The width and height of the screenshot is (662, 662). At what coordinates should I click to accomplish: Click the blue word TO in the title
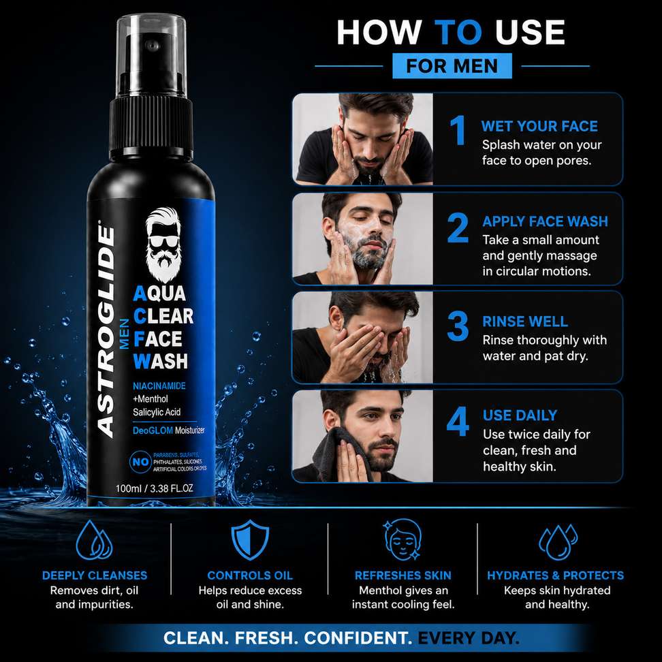pos(458,33)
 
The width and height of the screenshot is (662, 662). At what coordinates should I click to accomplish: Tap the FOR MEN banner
pos(452,66)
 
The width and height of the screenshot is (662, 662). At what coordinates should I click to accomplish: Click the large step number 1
pos(457,130)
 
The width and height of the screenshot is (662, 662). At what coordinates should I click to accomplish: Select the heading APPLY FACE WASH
pos(545,221)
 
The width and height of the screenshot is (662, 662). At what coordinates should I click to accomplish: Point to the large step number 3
pos(458,326)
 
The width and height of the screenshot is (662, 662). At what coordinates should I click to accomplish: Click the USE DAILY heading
pos(520,415)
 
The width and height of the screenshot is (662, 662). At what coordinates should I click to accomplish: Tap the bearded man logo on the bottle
pos(163,244)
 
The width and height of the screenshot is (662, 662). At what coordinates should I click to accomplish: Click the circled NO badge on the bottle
pos(140,462)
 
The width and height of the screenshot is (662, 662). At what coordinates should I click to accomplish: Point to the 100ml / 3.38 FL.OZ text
pos(154,488)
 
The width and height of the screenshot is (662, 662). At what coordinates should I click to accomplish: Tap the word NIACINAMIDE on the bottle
pos(159,386)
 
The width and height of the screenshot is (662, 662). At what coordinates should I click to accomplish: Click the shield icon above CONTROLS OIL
pos(250,540)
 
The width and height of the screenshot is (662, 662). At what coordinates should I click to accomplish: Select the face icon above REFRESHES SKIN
pos(403,539)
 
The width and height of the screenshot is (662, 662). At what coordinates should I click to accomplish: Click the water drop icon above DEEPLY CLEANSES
pos(94,540)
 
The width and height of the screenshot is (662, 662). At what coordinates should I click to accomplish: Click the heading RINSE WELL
pos(525,321)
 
